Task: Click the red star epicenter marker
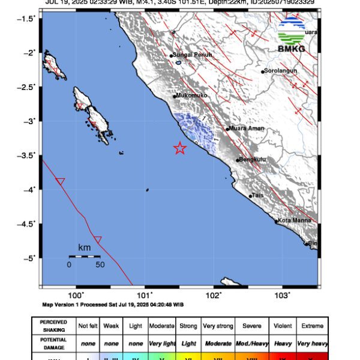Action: pos(179,148)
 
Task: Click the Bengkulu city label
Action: pos(253,159)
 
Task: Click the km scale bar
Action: pos(84,256)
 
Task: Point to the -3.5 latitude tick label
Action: pos(27,155)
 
